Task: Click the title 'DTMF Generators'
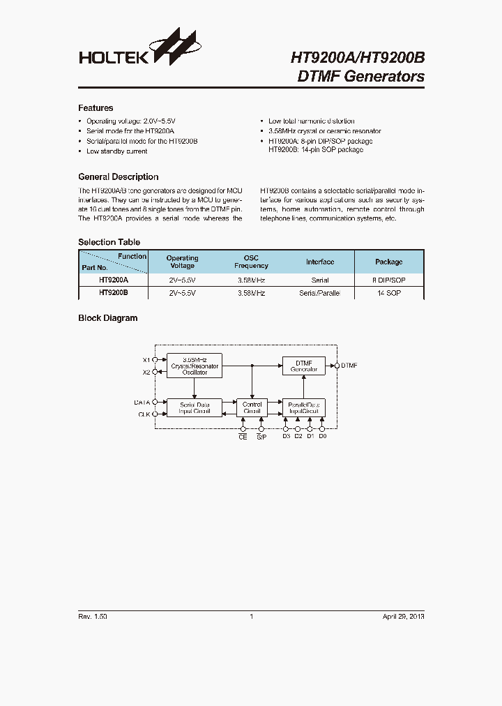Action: click(x=360, y=77)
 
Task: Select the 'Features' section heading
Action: click(x=96, y=108)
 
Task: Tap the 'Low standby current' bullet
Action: click(x=116, y=151)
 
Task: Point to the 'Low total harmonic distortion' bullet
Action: click(x=311, y=121)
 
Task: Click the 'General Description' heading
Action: click(x=118, y=177)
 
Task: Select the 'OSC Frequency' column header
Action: click(x=251, y=262)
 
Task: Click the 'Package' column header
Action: click(x=388, y=262)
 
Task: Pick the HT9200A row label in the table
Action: click(x=113, y=280)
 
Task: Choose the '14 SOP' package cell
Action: click(x=388, y=294)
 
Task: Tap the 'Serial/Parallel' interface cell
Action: click(x=319, y=294)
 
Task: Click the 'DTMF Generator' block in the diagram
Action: click(x=303, y=366)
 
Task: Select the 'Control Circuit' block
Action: click(x=252, y=407)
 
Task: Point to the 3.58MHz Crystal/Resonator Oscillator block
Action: click(x=195, y=366)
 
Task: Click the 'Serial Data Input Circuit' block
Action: click(x=195, y=407)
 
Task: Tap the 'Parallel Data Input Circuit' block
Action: click(x=303, y=407)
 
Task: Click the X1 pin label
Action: click(x=146, y=359)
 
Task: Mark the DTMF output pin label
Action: click(x=349, y=365)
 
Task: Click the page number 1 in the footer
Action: click(x=251, y=617)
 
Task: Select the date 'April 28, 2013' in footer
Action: click(x=403, y=617)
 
